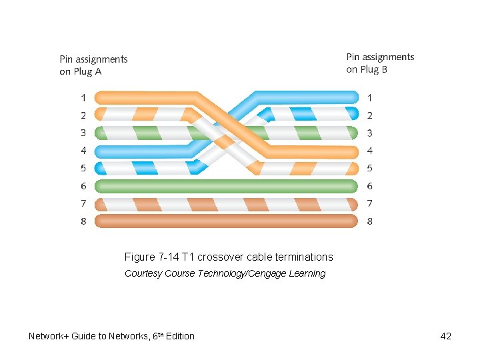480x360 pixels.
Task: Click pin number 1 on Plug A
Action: (83, 97)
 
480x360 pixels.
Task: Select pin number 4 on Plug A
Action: (83, 151)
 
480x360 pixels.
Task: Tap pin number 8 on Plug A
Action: (83, 221)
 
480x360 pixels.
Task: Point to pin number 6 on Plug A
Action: (83, 186)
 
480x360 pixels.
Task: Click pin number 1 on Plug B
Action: (369, 97)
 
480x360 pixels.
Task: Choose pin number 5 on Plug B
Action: (369, 168)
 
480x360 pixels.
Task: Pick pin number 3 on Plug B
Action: (369, 133)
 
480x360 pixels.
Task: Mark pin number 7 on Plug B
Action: (369, 203)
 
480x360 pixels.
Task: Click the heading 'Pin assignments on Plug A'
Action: (93, 65)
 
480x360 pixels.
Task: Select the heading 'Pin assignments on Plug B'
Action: (380, 63)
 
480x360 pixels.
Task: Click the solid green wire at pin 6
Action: (227, 185)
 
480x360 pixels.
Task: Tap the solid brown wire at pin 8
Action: (227, 221)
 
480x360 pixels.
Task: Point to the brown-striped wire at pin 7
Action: (227, 203)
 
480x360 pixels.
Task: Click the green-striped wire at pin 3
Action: (133, 133)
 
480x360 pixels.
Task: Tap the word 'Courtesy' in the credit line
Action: (143, 273)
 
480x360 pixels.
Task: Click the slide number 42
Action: (446, 336)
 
